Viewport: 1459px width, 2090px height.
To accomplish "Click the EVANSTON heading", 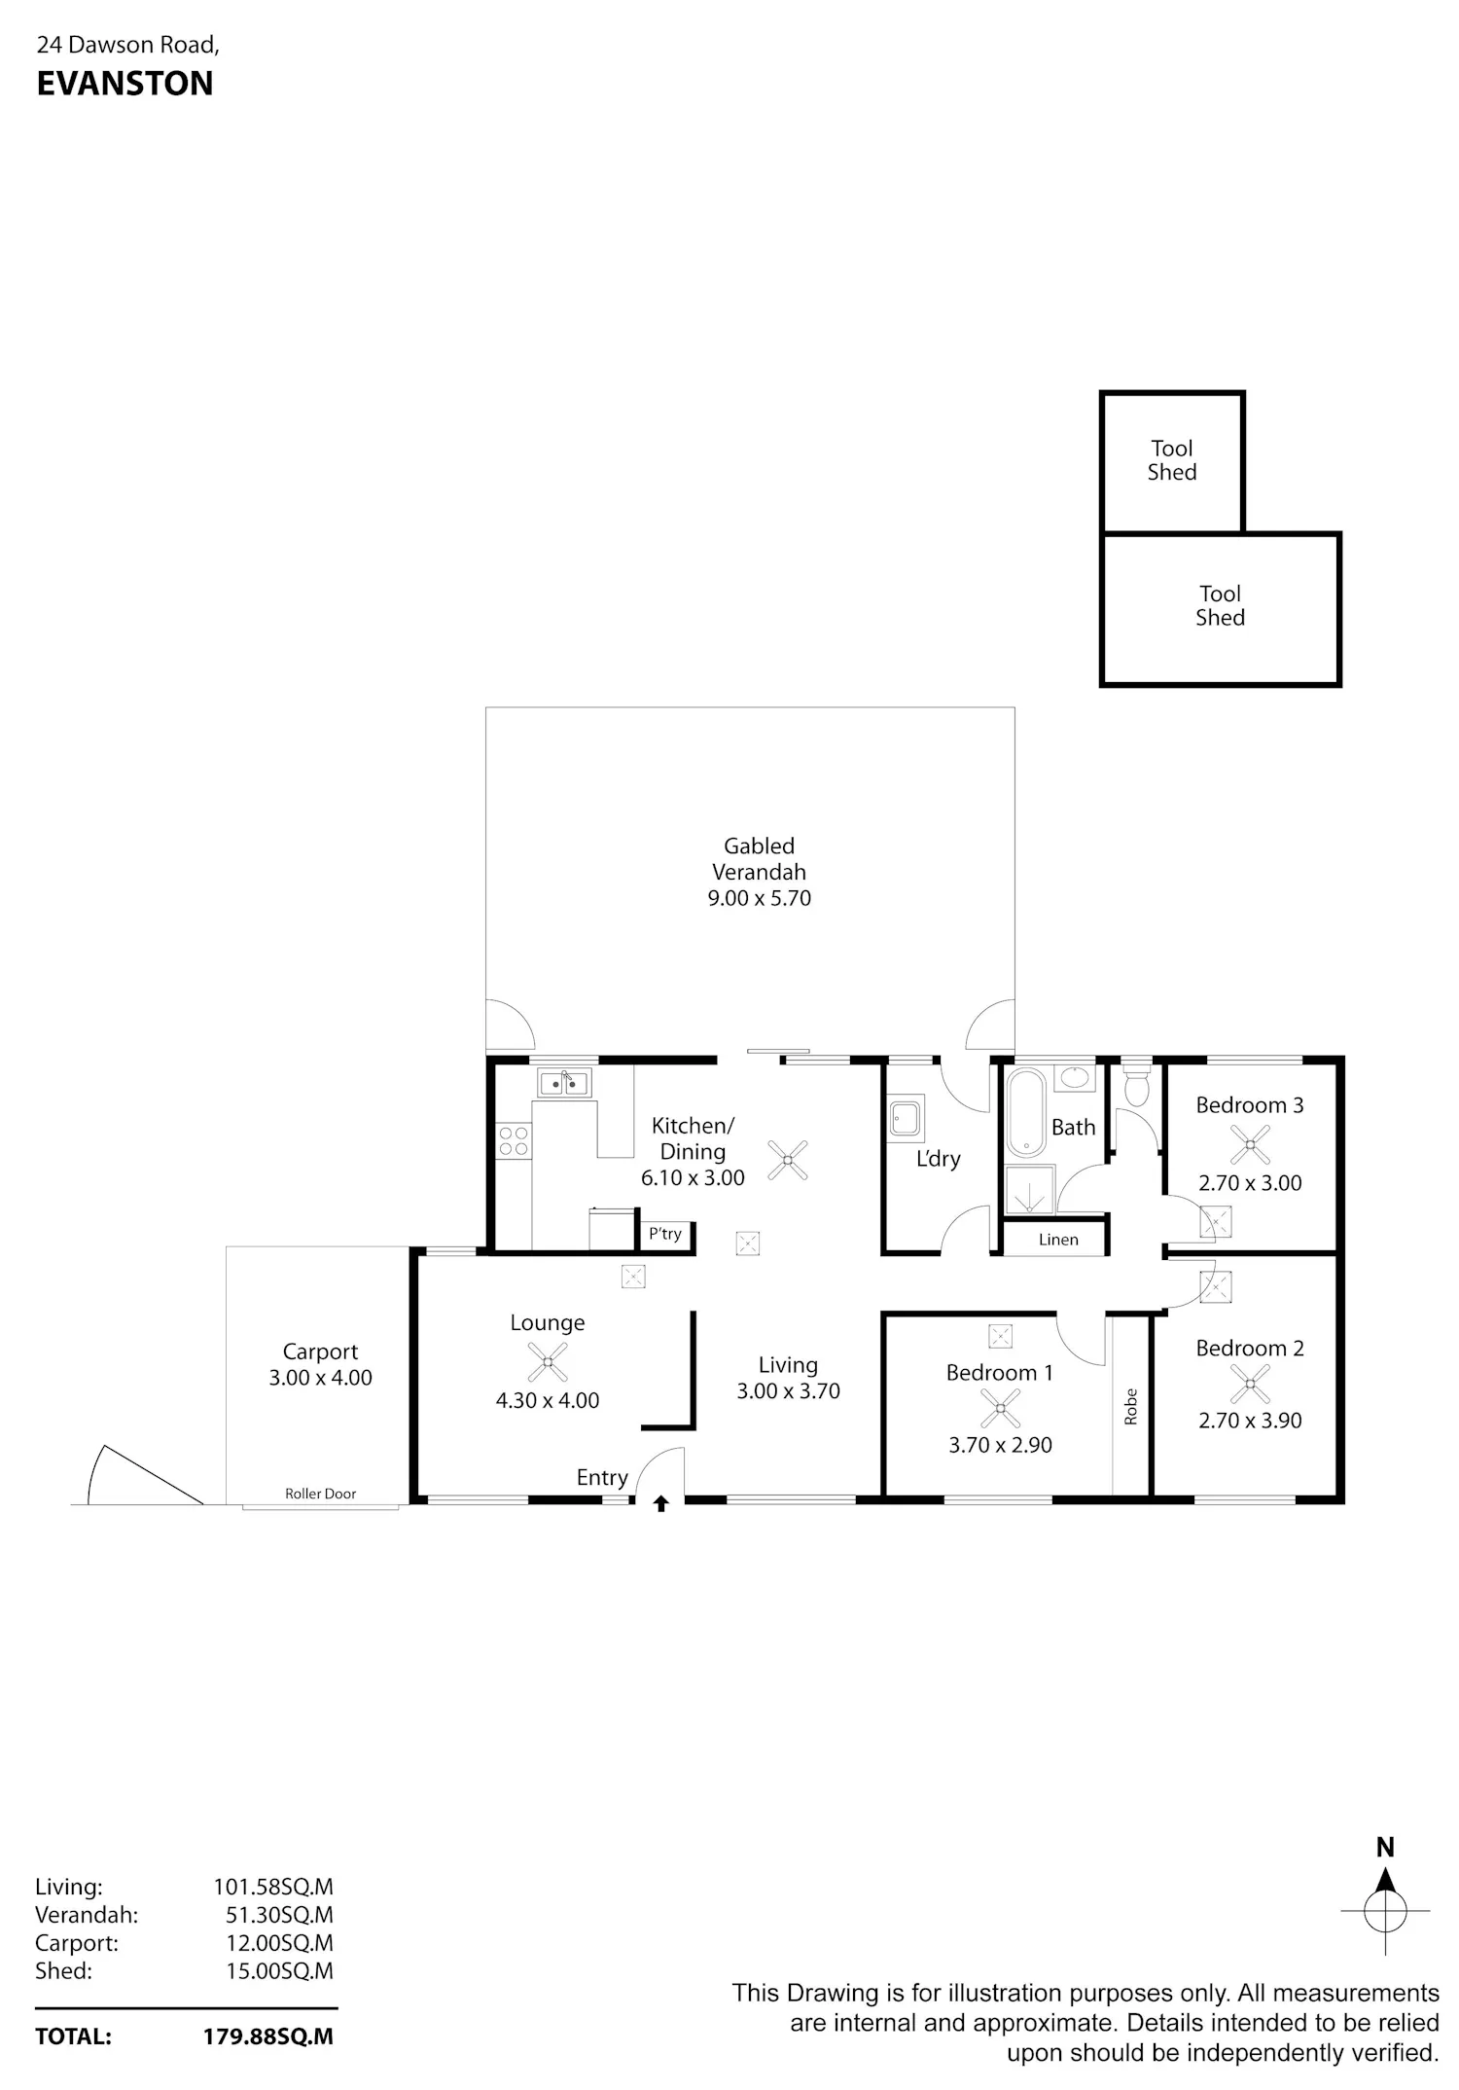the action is coord(125,84).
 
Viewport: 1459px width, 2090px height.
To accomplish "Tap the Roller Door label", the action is coord(320,1494).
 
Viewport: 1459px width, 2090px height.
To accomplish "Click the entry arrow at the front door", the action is coord(661,1503).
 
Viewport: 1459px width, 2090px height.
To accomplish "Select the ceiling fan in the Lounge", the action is coord(548,1362).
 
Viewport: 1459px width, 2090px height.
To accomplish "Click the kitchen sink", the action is coord(564,1082).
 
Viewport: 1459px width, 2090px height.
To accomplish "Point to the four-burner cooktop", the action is coord(514,1141).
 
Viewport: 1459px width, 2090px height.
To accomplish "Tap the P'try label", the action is coord(665,1234).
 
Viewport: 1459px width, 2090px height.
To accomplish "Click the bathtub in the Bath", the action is coord(1025,1112).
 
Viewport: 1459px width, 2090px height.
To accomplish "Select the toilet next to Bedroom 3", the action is coord(1136,1085).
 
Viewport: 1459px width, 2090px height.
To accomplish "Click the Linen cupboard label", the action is coord(1058,1240).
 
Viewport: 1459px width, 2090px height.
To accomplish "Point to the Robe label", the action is coord(1130,1407).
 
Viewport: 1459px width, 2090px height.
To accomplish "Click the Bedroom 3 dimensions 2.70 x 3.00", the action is coord(1250,1183).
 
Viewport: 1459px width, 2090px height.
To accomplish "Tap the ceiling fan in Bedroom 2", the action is coord(1250,1383).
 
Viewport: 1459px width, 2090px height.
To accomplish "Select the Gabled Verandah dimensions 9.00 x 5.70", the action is coord(759,898).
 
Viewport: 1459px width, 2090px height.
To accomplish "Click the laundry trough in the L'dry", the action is coord(907,1118).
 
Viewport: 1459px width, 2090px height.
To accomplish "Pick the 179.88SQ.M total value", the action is coord(267,2036).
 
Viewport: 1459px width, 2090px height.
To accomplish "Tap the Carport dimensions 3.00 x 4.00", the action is coord(320,1378).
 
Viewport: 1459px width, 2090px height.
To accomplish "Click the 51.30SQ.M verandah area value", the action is coord(279,1915).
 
